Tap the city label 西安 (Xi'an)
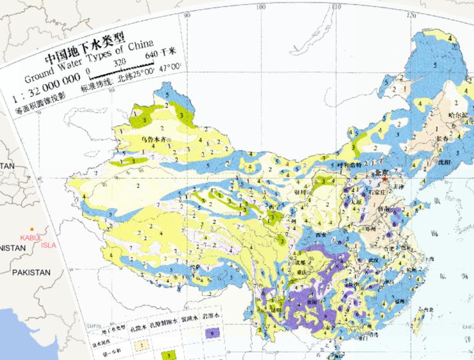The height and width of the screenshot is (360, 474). [x=320, y=235]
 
